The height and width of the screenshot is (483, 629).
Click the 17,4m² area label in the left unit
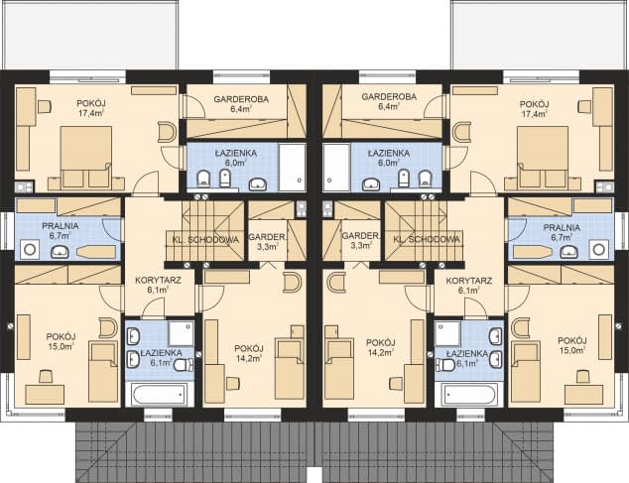pyautogui.click(x=90, y=113)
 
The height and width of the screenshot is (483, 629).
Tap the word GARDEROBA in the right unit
pyautogui.click(x=389, y=96)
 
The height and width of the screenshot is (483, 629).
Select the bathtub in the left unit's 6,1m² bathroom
pyautogui.click(x=160, y=394)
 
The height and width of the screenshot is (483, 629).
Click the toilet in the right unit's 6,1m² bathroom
pyautogui.click(x=446, y=365)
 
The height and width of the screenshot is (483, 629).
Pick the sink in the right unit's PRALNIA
pyautogui.click(x=568, y=251)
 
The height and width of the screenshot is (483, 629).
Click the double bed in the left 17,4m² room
pyautogui.click(x=86, y=158)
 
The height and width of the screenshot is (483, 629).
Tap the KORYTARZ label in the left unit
pyautogui.click(x=158, y=280)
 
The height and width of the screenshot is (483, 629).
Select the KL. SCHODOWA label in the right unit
pyautogui.click(x=427, y=239)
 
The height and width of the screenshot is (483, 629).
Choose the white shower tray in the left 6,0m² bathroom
pyautogui.click(x=292, y=168)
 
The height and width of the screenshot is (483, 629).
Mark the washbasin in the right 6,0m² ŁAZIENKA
pyautogui.click(x=371, y=184)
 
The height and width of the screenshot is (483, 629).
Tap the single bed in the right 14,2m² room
pyautogui.click(x=339, y=369)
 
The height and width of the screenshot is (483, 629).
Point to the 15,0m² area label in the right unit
pyautogui.click(x=572, y=350)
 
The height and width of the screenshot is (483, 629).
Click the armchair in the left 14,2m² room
pyautogui.click(x=292, y=283)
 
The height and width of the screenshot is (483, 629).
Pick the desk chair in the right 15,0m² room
pyautogui.click(x=582, y=377)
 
